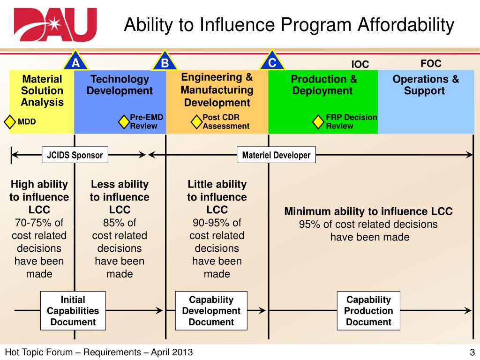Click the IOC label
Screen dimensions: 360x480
pyautogui.click(x=360, y=64)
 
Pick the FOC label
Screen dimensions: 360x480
pyautogui.click(x=431, y=63)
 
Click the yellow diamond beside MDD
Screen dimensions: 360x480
pyautogui.click(x=10, y=122)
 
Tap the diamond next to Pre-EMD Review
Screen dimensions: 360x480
pyautogui.click(x=124, y=122)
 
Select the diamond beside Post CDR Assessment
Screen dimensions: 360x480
pyautogui.click(x=196, y=122)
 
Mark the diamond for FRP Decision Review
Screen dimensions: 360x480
pyautogui.click(x=318, y=122)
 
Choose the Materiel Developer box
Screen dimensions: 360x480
pyautogui.click(x=277, y=155)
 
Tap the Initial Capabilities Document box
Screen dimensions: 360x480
pyautogui.click(x=73, y=311)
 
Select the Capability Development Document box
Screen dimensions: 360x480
pyautogui.click(x=211, y=311)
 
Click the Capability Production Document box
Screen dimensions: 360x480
pyautogui.click(x=368, y=311)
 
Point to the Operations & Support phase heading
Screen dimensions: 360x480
pyautogui.click(x=426, y=85)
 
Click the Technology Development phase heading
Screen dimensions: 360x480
pyautogui.click(x=120, y=85)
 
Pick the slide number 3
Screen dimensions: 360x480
pyautogui.click(x=472, y=352)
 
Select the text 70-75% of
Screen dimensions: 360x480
pyautogui.click(x=39, y=223)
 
